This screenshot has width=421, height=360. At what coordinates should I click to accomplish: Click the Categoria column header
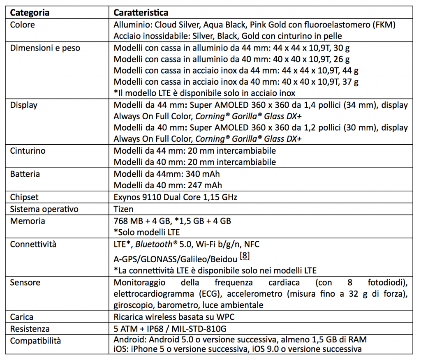[30, 12]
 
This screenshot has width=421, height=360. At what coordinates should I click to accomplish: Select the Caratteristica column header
[141, 12]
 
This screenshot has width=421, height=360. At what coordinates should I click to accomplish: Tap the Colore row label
[22, 24]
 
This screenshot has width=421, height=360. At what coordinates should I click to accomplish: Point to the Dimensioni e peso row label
[45, 48]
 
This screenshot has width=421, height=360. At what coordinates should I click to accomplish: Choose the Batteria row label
[25, 174]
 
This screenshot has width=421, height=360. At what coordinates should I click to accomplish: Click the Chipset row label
[24, 197]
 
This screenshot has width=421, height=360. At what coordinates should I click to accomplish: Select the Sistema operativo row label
[44, 209]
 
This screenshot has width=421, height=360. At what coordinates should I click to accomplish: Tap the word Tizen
[123, 209]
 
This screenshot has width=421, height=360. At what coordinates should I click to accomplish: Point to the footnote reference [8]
[244, 256]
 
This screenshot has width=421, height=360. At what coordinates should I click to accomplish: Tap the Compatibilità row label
[35, 341]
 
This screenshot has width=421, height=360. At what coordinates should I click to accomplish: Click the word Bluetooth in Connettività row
[154, 245]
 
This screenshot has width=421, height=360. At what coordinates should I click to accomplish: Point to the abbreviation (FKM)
[382, 24]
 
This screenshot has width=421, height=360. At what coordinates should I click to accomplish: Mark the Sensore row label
[25, 282]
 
